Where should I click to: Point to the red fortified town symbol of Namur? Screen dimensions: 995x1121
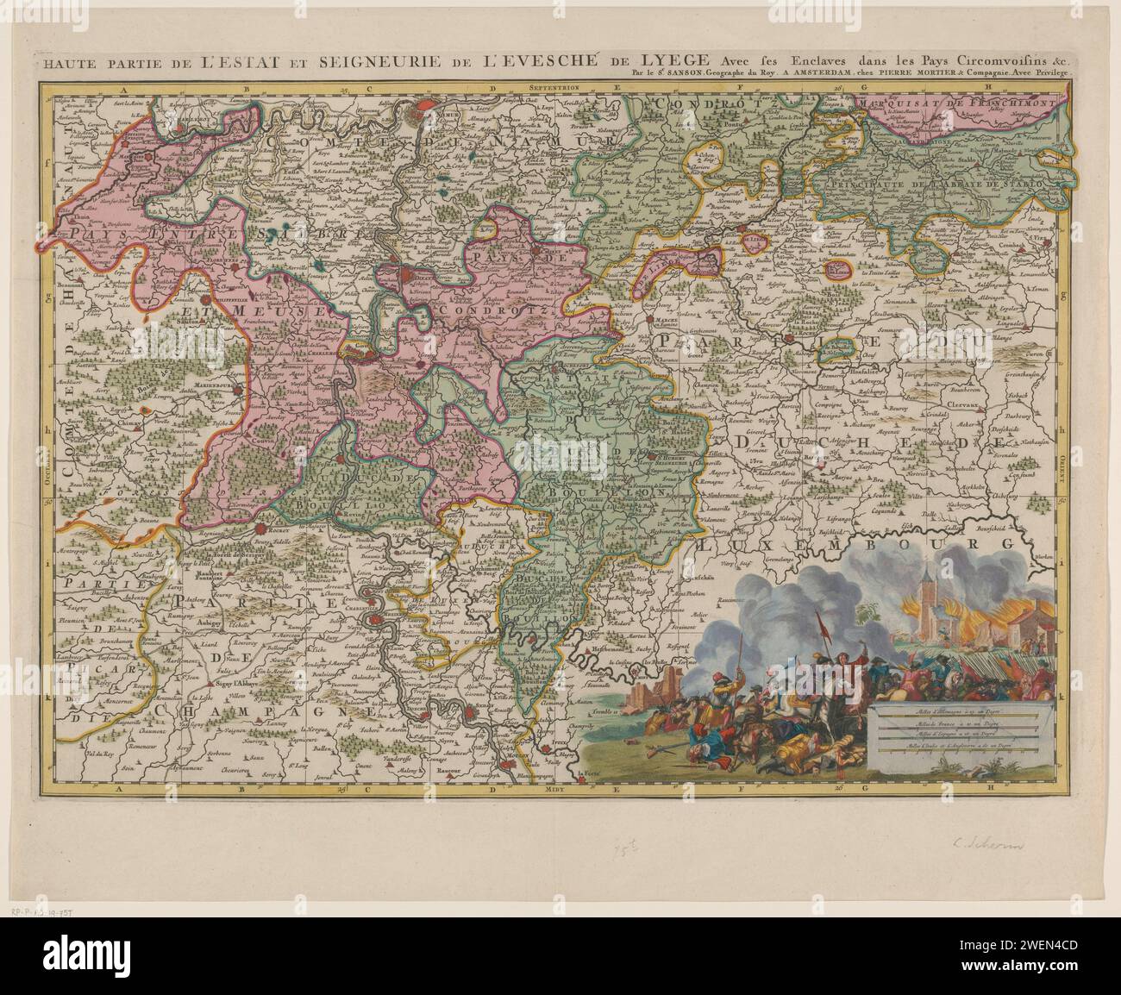point(426,111)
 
